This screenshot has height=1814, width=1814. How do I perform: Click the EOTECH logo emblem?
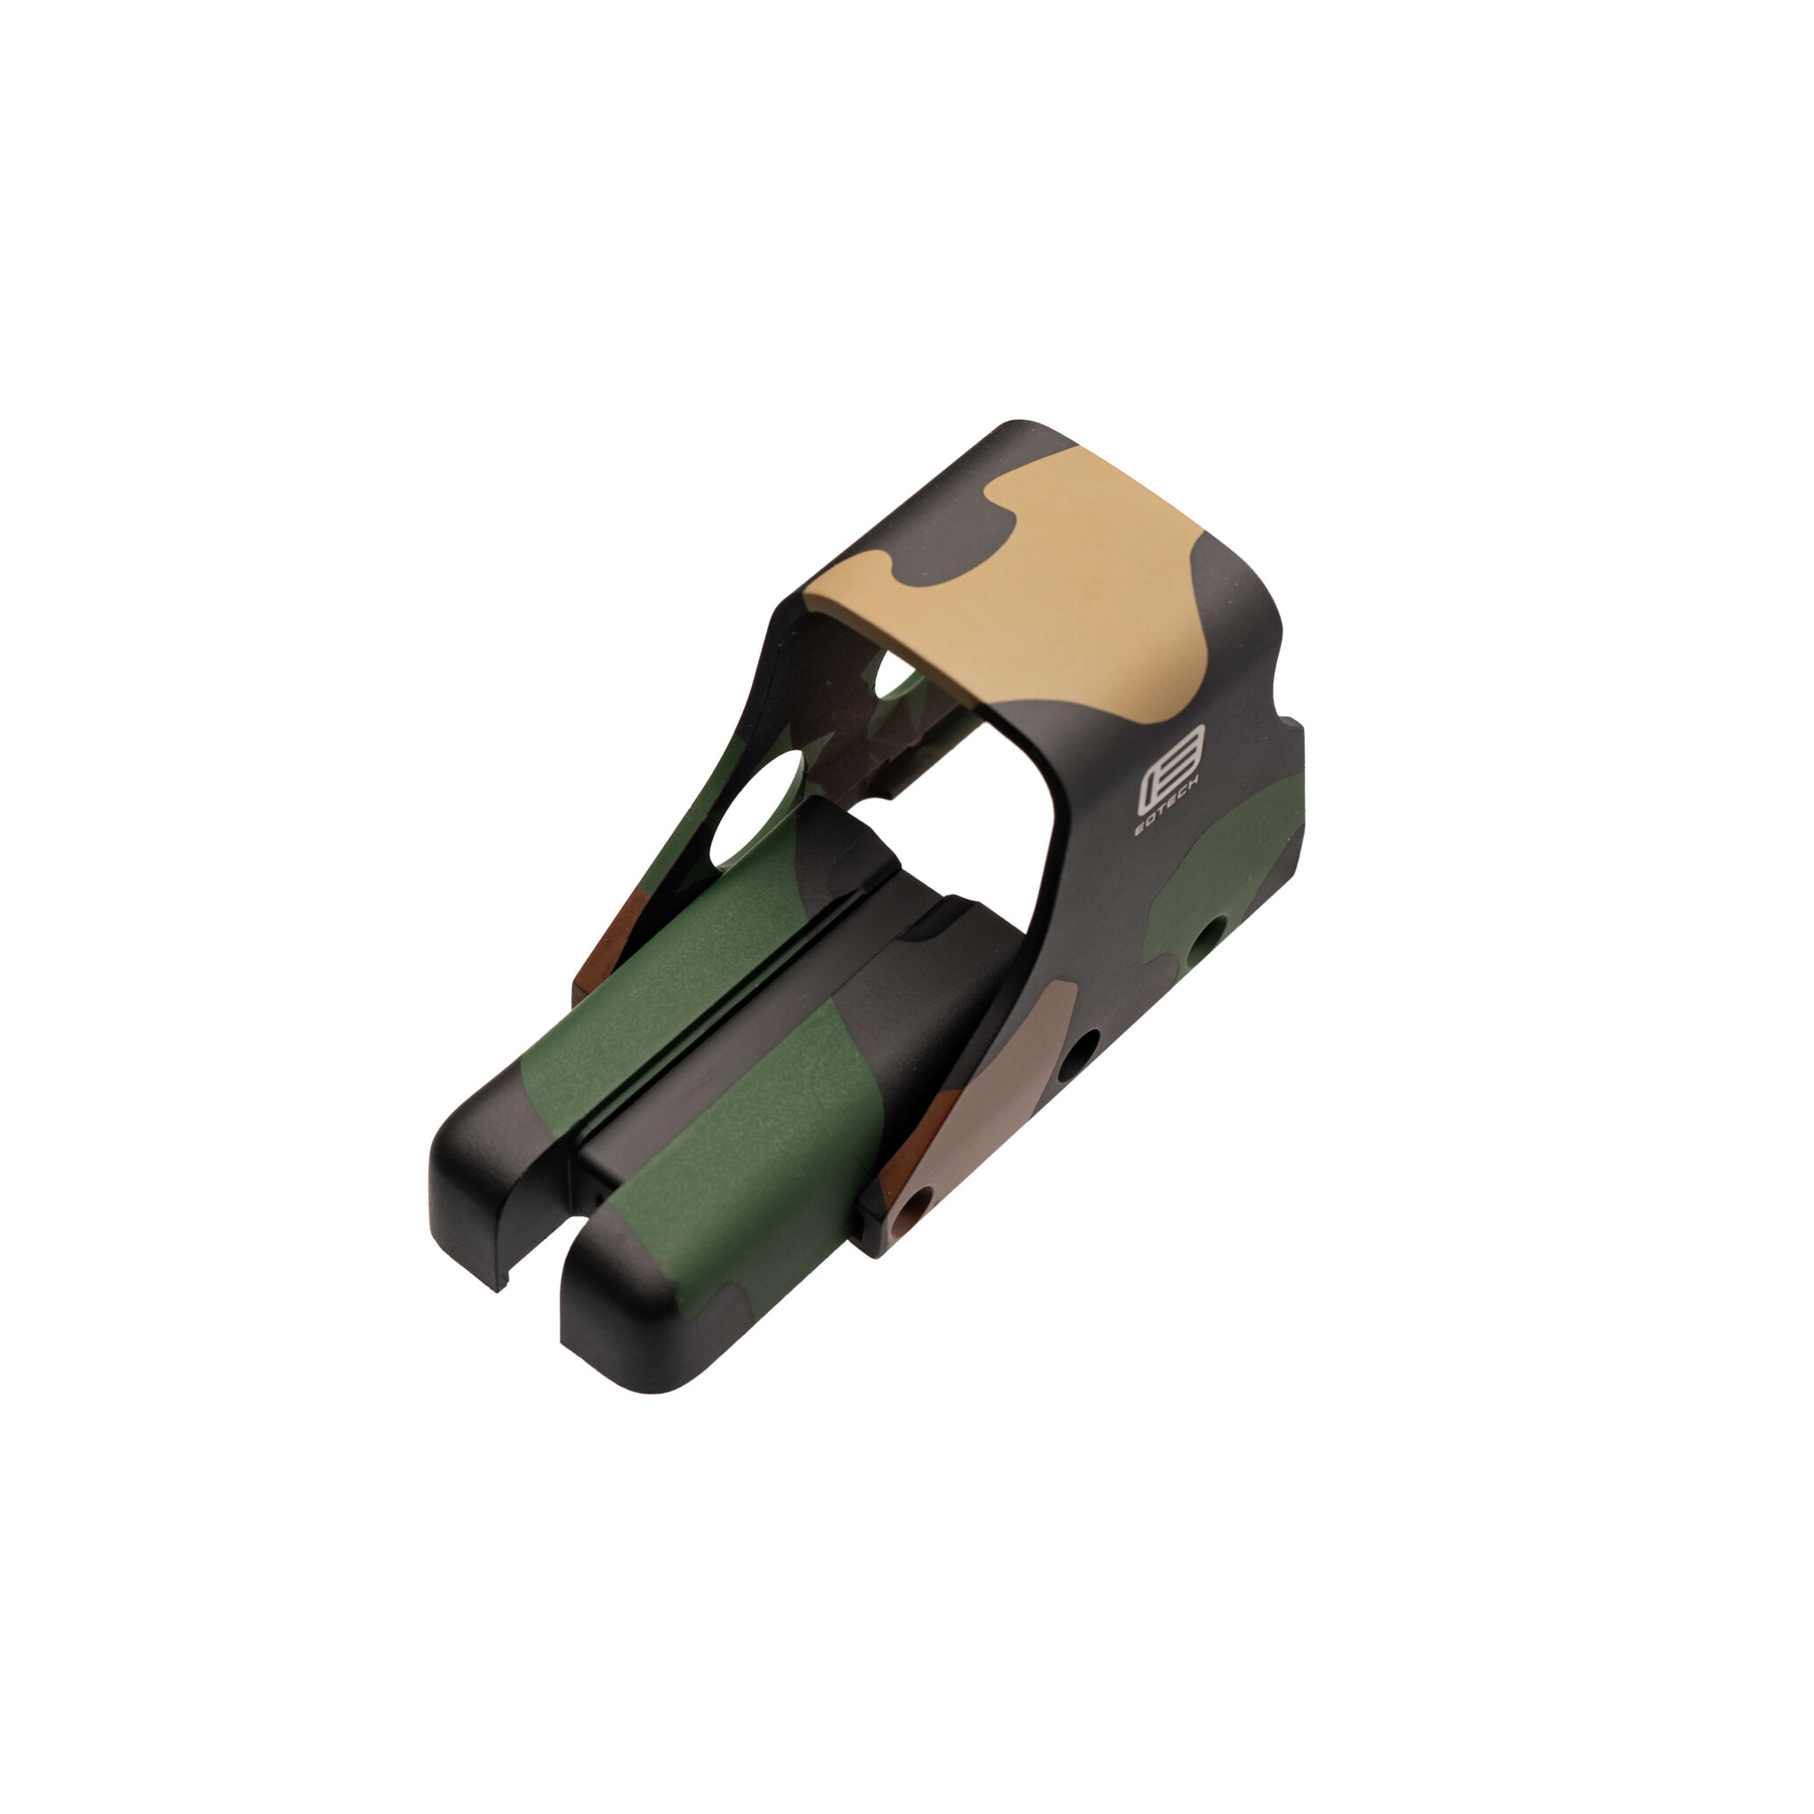point(1171,782)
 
